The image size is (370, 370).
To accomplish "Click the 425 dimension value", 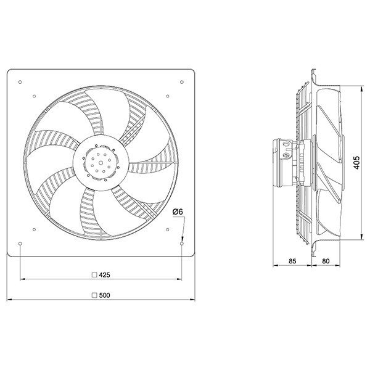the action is point(105,275).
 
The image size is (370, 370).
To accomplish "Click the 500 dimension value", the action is point(105,295).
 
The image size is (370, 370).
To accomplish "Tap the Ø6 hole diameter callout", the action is point(178,212).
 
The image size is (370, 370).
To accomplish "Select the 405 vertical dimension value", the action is point(356,162).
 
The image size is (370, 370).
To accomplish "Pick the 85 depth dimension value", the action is point(292,261).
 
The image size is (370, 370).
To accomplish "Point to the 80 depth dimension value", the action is point(326,261).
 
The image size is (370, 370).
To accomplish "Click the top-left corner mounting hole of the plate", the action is point(20,82).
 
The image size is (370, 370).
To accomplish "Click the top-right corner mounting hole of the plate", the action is point(182,82).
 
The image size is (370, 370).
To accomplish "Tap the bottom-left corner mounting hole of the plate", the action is point(20,244).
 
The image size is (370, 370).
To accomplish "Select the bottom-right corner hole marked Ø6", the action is point(182,244).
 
